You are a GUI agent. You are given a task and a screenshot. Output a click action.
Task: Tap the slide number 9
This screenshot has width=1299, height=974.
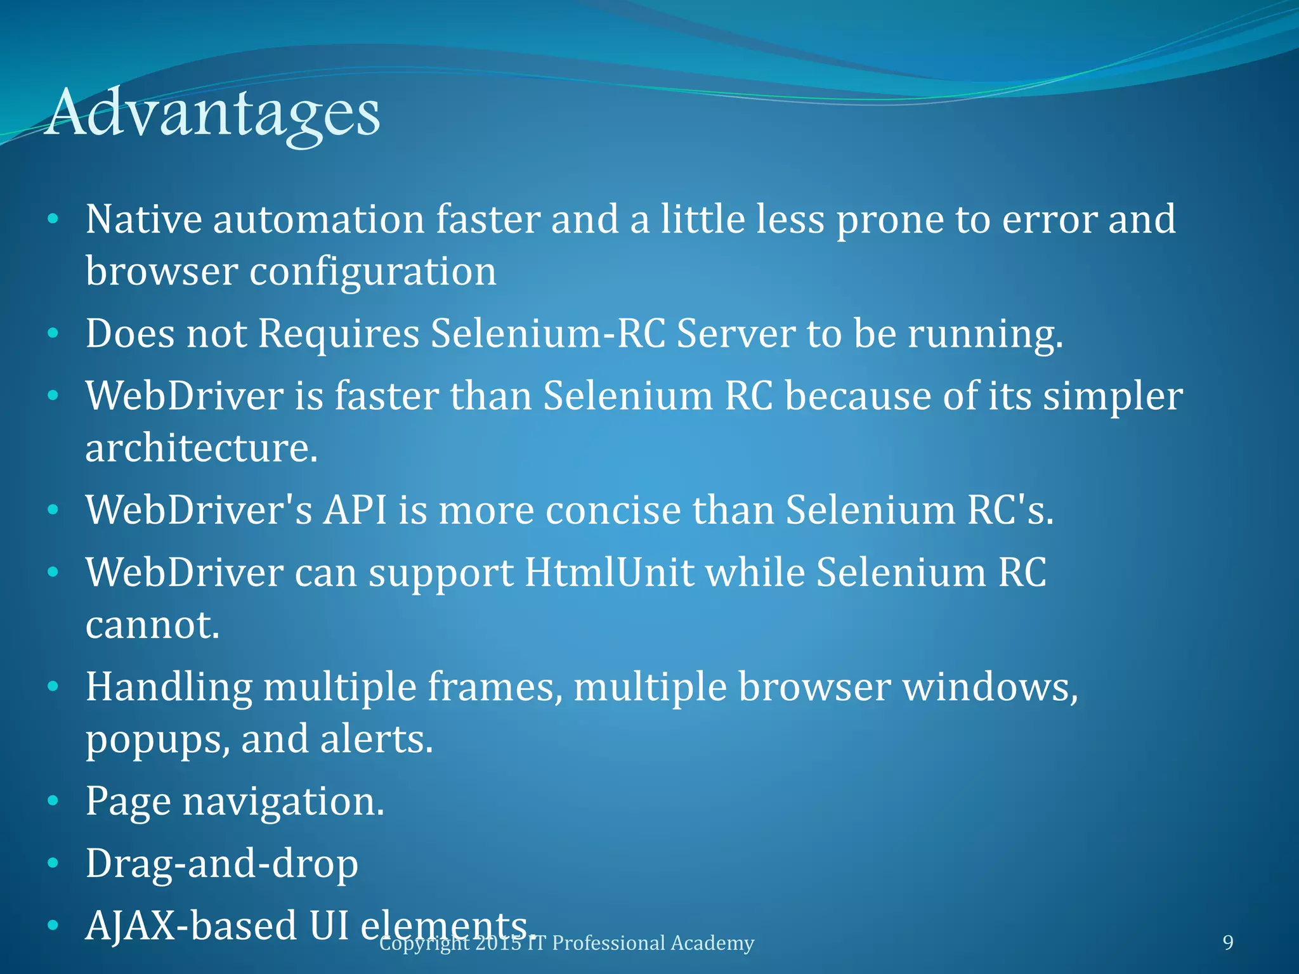click(1228, 942)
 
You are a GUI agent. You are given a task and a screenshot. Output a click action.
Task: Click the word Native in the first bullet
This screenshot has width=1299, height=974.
click(143, 219)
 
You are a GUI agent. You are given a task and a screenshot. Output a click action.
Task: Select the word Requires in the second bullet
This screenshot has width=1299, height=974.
click(338, 334)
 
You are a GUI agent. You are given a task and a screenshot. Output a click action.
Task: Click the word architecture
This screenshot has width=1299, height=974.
click(201, 448)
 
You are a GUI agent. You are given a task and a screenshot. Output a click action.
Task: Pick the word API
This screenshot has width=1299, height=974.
click(355, 510)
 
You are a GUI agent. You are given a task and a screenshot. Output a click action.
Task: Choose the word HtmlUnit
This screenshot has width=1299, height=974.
click(610, 573)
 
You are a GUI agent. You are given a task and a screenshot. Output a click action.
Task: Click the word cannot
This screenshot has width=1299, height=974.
click(152, 625)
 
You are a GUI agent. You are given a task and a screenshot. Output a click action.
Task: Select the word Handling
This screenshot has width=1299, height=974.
click(169, 687)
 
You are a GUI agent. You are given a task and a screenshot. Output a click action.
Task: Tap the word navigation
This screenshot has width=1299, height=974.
click(284, 802)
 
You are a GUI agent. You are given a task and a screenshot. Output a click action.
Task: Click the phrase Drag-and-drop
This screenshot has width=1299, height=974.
click(222, 864)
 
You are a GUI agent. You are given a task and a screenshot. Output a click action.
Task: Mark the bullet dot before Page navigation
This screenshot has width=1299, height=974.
click(53, 802)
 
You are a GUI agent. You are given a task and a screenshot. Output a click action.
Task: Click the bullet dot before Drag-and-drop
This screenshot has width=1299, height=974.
click(53, 864)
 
